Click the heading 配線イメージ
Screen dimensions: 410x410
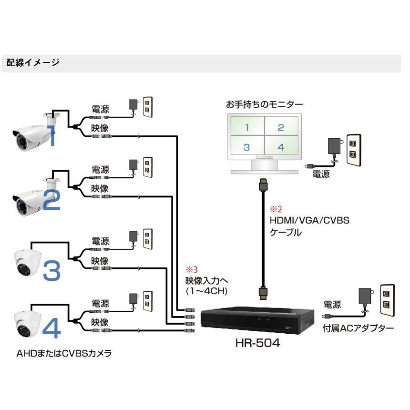(x=33, y=62)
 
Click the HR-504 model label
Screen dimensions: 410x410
(x=257, y=343)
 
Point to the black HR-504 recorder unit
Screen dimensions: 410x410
(x=257, y=320)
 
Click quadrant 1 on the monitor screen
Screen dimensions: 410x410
(x=247, y=127)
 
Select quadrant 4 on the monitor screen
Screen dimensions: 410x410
(x=281, y=147)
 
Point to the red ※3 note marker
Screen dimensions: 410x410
(x=191, y=269)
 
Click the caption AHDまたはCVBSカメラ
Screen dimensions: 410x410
(x=66, y=354)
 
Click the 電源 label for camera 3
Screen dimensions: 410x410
(x=100, y=241)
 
